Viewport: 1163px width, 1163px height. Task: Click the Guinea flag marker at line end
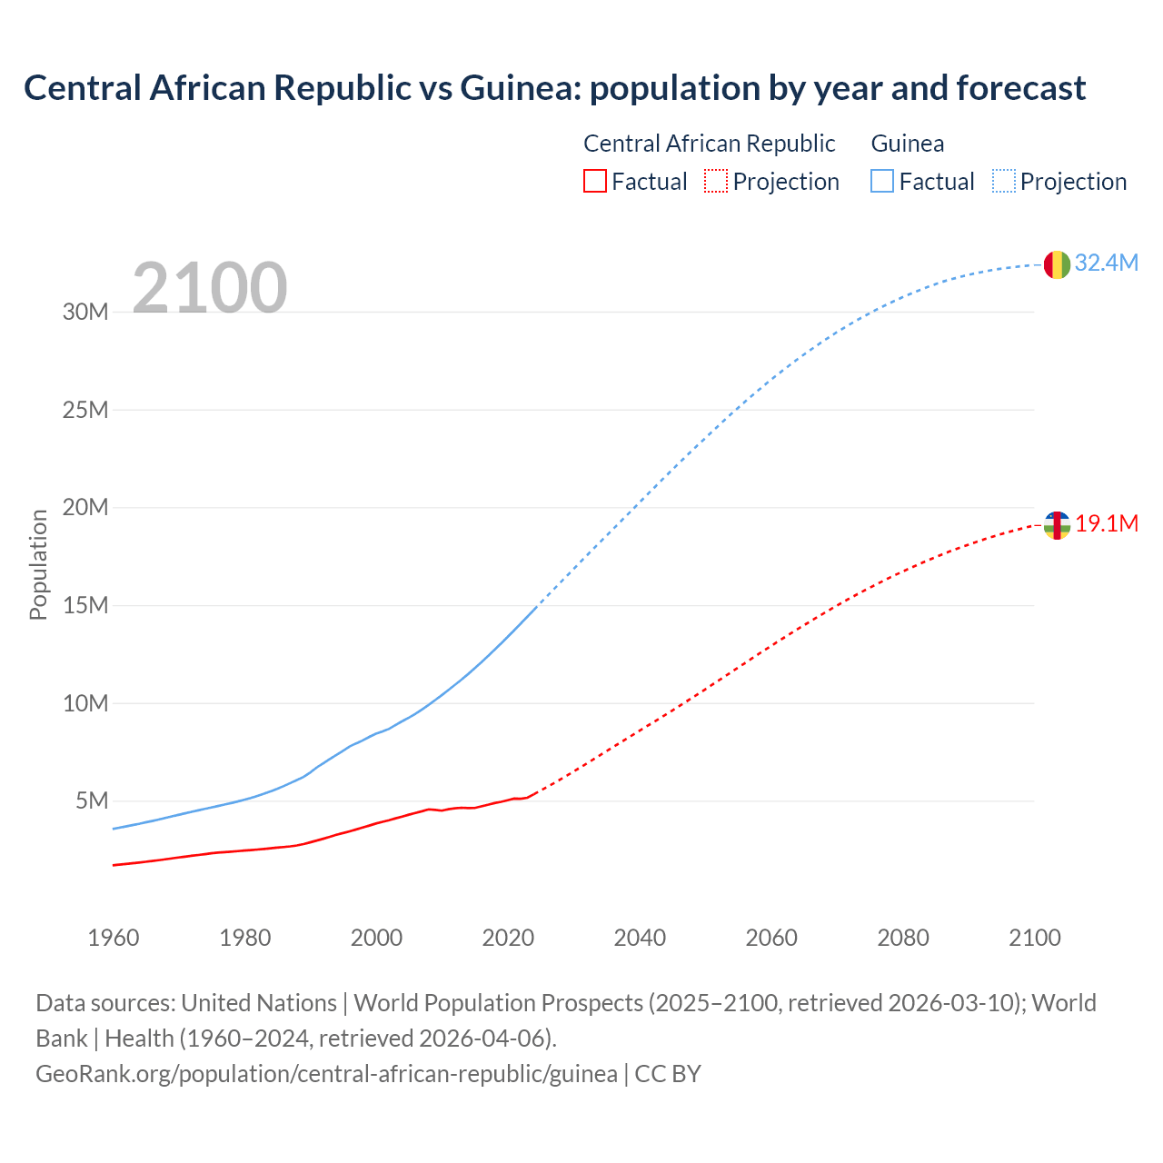[1057, 264]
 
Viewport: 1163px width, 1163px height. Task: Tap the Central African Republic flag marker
[1057, 525]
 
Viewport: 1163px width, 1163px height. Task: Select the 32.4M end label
[1106, 263]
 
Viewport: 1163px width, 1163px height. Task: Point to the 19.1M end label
[1107, 523]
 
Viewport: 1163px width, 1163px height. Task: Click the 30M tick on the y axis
[85, 312]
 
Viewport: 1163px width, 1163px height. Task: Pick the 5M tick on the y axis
[92, 800]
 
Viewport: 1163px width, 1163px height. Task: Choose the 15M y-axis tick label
[85, 605]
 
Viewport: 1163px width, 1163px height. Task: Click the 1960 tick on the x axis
[114, 938]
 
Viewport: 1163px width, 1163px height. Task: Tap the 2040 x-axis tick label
[640, 938]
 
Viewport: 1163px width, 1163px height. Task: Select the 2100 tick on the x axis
[1034, 938]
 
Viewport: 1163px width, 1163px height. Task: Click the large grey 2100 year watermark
[210, 288]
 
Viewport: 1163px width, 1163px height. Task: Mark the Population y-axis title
[38, 564]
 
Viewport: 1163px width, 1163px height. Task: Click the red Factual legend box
[594, 181]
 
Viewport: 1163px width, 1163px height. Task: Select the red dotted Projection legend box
[716, 181]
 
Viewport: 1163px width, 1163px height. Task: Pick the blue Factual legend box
[881, 181]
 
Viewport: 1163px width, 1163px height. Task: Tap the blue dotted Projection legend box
[1003, 181]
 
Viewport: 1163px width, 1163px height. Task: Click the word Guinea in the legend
[907, 144]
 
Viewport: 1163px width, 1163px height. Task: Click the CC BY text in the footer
[668, 1073]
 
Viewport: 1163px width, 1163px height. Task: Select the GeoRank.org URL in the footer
[326, 1073]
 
